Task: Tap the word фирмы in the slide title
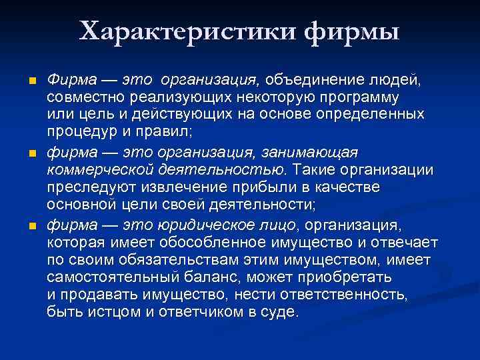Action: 350,31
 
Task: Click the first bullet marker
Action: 25,81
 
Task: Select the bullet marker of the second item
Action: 25,154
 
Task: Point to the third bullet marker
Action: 25,227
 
